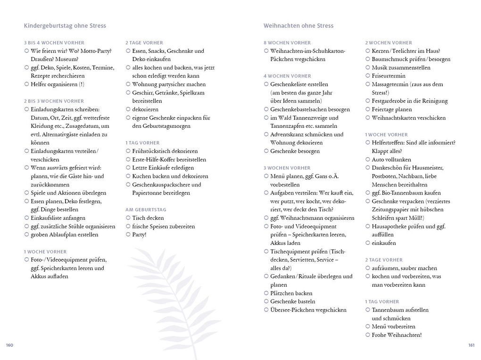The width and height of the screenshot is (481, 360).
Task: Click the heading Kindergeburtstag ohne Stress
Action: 65,26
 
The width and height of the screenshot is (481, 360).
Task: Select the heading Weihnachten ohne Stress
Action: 298,26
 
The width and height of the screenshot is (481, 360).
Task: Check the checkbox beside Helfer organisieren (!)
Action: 26,84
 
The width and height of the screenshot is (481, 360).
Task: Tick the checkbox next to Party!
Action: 128,235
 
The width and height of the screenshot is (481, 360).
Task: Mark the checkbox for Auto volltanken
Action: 368,159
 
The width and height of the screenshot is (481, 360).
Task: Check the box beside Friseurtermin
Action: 368,76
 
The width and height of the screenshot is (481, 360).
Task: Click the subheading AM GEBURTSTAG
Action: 146,209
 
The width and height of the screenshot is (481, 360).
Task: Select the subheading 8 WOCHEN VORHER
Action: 287,43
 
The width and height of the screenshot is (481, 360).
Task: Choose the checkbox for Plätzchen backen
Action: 266,293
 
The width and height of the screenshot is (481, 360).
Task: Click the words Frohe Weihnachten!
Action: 397,335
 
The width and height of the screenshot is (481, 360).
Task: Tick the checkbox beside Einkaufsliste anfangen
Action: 26,218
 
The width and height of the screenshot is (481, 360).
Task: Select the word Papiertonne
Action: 148,193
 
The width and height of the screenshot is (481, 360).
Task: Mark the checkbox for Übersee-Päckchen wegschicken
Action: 266,310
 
